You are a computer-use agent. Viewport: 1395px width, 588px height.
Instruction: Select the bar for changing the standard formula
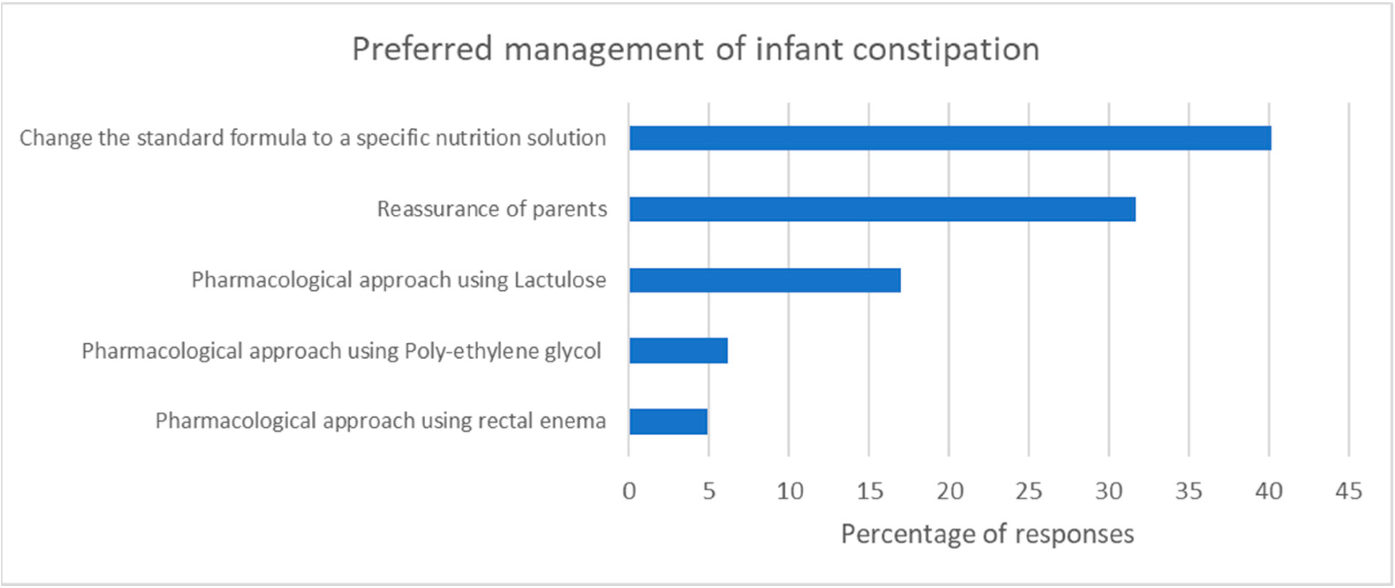[950, 138]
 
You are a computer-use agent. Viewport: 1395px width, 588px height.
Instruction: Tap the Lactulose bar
[765, 280]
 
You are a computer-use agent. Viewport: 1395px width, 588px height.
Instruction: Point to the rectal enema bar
[668, 421]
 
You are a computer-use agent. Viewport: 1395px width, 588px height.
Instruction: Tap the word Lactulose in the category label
[560, 280]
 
